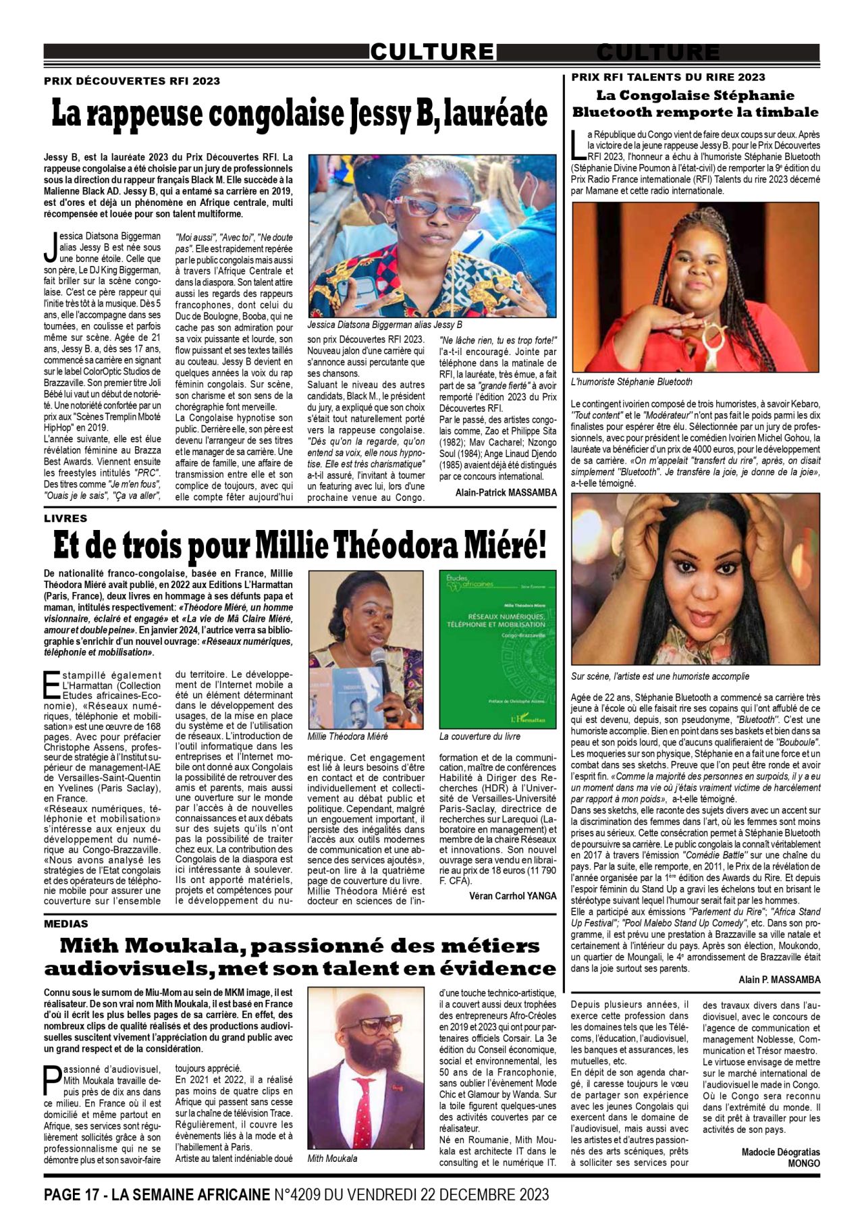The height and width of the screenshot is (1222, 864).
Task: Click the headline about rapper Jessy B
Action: pyautogui.click(x=299, y=113)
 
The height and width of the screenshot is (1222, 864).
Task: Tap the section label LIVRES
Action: pyautogui.click(x=65, y=519)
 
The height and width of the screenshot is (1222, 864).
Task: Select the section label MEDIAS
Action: pyautogui.click(x=66, y=924)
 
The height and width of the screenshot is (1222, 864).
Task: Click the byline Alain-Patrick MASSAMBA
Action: pyautogui.click(x=506, y=493)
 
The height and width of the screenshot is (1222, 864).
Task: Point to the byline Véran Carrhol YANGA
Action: pyautogui.click(x=513, y=896)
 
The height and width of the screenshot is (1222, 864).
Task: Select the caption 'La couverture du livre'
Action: pyautogui.click(x=480, y=737)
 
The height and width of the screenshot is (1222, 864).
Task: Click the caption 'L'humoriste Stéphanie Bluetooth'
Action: pyautogui.click(x=631, y=382)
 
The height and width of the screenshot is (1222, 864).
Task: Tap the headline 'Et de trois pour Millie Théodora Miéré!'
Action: pyautogui.click(x=299, y=546)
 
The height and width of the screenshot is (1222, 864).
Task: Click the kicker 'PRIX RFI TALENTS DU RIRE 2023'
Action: pyautogui.click(x=668, y=77)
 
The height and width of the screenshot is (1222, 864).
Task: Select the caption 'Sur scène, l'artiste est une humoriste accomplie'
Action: pyautogui.click(x=660, y=676)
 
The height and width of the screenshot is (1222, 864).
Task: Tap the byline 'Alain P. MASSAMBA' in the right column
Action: pyautogui.click(x=780, y=980)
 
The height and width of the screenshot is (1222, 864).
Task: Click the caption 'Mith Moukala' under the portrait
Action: pyautogui.click(x=332, y=1159)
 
